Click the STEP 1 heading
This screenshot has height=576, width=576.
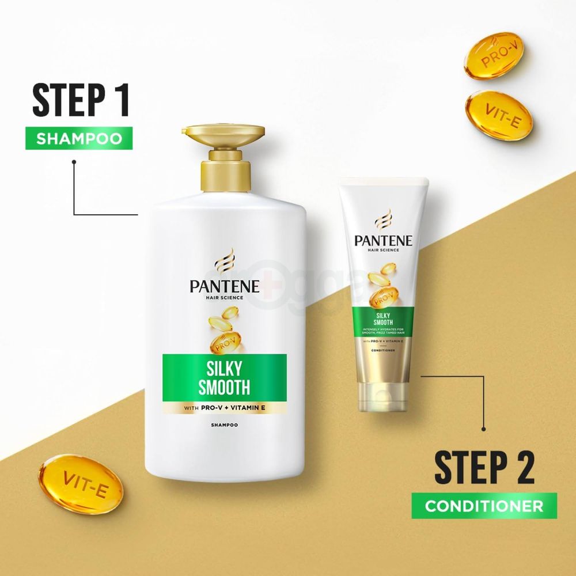[79, 101]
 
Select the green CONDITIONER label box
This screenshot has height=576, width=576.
[484, 506]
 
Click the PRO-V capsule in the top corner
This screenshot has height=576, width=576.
[491, 58]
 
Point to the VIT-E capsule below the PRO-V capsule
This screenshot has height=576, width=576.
[499, 115]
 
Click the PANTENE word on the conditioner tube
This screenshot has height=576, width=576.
[383, 240]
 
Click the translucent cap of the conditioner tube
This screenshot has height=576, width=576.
[384, 395]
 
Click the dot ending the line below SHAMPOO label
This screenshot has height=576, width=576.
[74, 162]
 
